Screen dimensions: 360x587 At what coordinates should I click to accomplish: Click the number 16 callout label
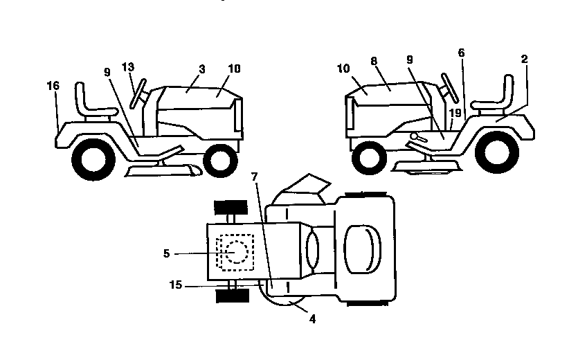[x=54, y=86]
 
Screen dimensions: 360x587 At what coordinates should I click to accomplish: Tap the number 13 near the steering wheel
[x=127, y=67]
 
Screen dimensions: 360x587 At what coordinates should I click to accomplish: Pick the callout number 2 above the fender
[x=524, y=60]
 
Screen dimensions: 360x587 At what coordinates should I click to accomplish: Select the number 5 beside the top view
[x=166, y=253]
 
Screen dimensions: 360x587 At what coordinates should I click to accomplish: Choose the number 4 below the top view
[x=312, y=320]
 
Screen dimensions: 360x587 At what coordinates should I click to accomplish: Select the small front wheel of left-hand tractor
[x=221, y=160]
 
